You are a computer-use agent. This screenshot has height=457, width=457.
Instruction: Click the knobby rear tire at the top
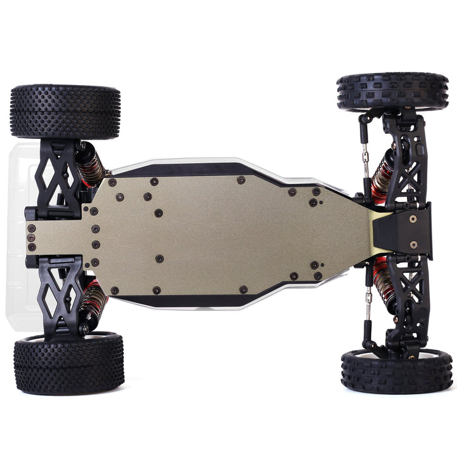coord(65,112)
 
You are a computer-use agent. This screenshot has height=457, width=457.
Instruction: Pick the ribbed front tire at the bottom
coord(396,371)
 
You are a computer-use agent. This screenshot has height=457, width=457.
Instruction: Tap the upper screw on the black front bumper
coord(413,218)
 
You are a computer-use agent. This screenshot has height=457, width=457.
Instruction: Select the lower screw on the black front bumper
coord(413,244)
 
